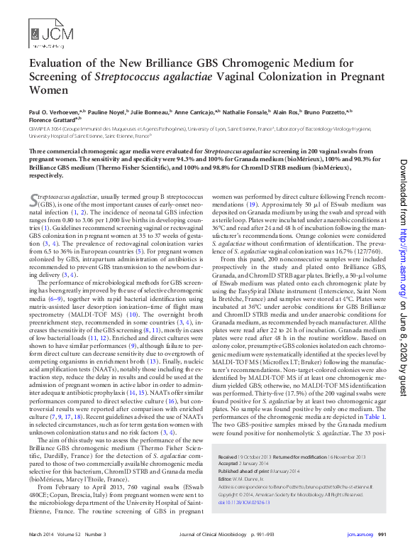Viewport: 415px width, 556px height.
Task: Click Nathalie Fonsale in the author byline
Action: pos(253,111)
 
